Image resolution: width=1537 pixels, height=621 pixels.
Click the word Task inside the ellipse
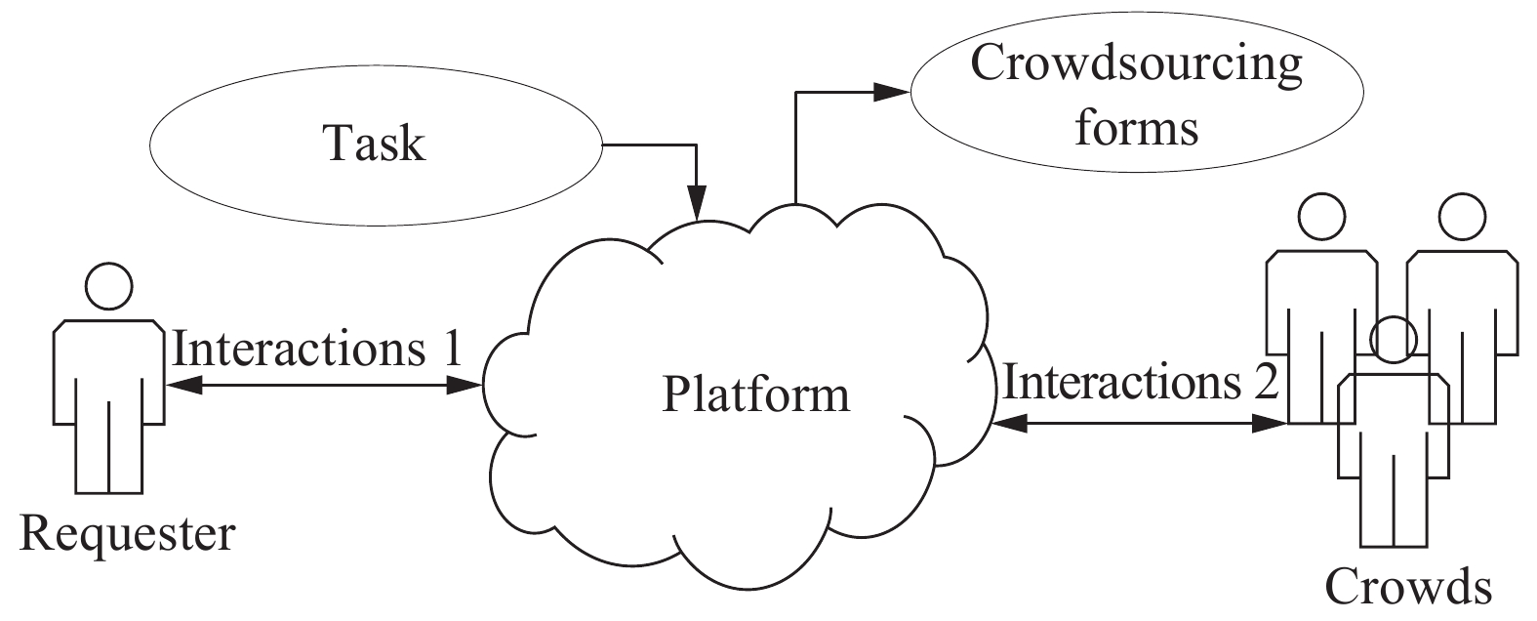tap(374, 145)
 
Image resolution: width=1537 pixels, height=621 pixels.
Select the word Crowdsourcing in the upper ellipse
tap(1136, 64)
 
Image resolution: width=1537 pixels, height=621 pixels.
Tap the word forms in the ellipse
tap(1136, 128)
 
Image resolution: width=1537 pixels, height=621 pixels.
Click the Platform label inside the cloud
tap(756, 395)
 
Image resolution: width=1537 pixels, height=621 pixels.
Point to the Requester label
tap(127, 535)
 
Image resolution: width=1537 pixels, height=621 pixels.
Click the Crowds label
tap(1408, 587)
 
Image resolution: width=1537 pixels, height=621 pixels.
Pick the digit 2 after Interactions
tap(1265, 382)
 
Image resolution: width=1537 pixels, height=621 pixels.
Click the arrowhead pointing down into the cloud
tap(697, 208)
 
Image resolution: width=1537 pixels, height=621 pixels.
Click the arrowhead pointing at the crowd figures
tap(1273, 424)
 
